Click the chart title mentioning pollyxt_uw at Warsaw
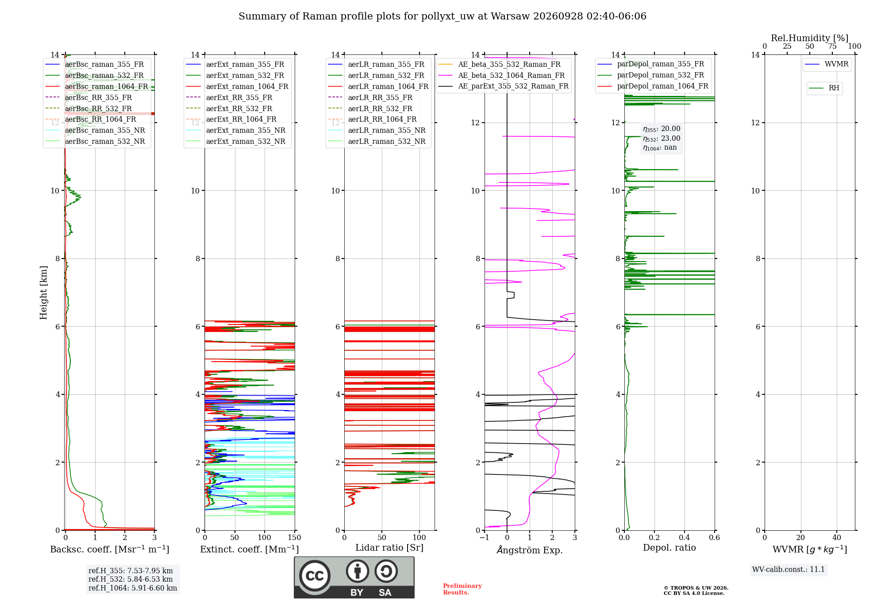(x=442, y=16)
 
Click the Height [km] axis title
(x=43, y=293)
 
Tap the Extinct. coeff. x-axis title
(x=250, y=549)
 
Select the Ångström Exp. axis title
(x=530, y=550)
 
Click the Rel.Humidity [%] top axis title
(x=810, y=38)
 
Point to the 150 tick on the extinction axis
(x=294, y=537)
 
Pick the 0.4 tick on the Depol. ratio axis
(x=685, y=537)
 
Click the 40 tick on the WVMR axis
(x=837, y=537)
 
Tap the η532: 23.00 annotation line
(x=662, y=138)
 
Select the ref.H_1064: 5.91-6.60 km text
(x=133, y=588)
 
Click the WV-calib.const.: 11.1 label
(x=789, y=569)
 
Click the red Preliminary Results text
(x=462, y=589)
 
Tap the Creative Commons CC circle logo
(x=315, y=576)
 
